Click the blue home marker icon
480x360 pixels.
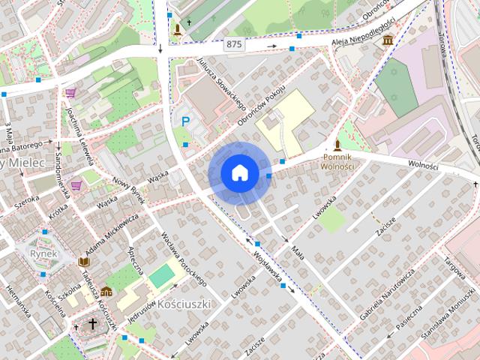239,173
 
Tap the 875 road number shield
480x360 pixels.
234,44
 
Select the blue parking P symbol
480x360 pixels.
184,120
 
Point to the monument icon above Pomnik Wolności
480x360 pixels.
337,145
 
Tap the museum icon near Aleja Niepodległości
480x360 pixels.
388,39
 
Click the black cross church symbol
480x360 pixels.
93,324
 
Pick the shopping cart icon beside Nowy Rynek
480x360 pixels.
76,184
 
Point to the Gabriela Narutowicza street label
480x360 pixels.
387,294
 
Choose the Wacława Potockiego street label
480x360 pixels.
183,258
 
